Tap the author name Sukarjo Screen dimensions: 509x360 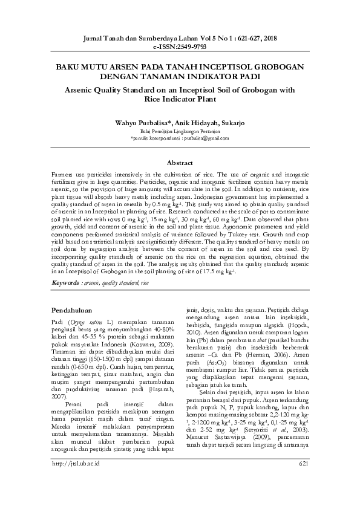232,122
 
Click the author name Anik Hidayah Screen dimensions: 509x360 192,122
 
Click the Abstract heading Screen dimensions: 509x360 180,163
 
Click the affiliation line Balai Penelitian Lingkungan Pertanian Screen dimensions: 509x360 180,131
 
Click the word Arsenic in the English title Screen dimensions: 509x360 83,89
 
